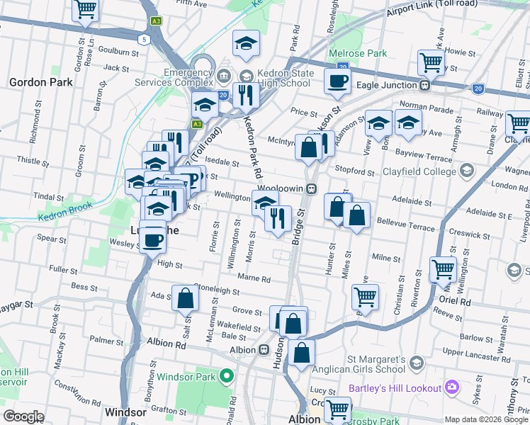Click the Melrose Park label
tap(358, 53)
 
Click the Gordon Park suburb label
tap(41, 82)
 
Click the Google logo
tap(23, 416)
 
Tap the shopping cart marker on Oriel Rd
tap(444, 269)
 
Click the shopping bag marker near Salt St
tap(185, 299)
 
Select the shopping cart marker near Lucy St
tap(338, 409)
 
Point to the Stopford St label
tap(355, 171)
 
